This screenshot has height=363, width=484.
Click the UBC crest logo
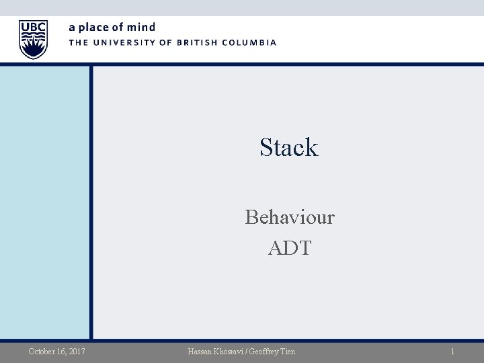[x=34, y=40]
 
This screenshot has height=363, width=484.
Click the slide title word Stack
[x=288, y=147]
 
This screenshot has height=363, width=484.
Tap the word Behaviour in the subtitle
[x=290, y=217]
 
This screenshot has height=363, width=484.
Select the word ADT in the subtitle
[x=290, y=247]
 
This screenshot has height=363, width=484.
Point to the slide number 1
[x=453, y=351]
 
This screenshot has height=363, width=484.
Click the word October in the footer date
[x=43, y=351]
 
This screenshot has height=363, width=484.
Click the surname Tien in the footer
[x=286, y=351]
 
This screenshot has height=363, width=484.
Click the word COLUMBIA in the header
[x=250, y=42]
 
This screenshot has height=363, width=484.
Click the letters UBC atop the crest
[x=34, y=27]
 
